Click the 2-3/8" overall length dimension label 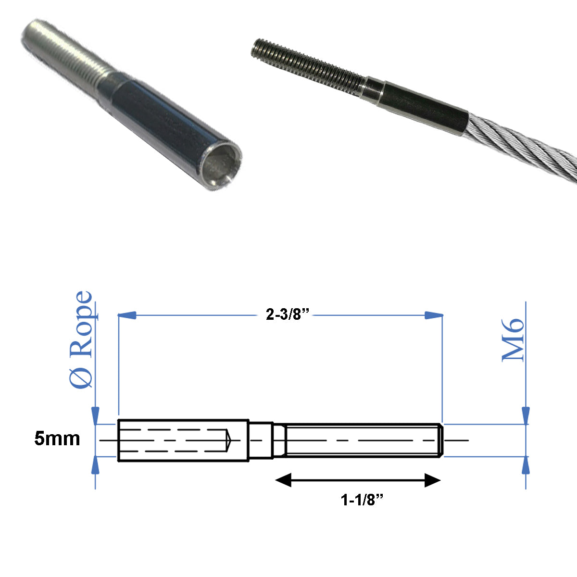[x=287, y=315]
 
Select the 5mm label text [x=57, y=439]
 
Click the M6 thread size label [x=513, y=339]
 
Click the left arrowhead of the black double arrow [x=283, y=480]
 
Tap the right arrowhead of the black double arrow [x=433, y=480]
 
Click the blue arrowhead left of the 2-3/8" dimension [x=127, y=315]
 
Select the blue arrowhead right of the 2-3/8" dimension [x=433, y=315]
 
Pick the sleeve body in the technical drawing [x=183, y=440]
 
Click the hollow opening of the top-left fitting [x=220, y=166]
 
